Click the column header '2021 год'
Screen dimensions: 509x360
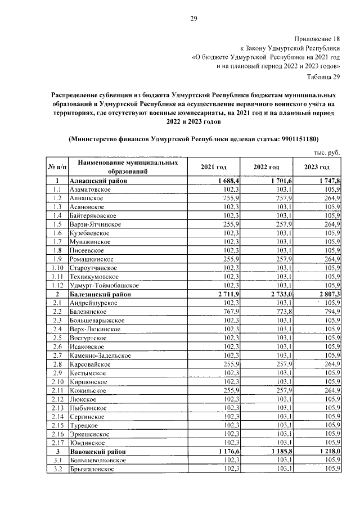(x=214, y=168)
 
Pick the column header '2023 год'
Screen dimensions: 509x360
(x=317, y=168)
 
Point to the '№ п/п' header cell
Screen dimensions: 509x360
(x=57, y=168)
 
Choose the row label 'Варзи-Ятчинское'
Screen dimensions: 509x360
(x=94, y=224)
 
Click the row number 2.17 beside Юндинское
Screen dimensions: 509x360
(x=57, y=443)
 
